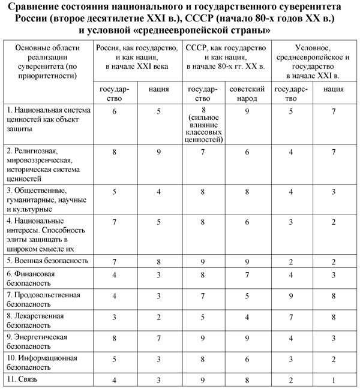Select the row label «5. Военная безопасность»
pos(47,261)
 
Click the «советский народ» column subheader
pos(248,94)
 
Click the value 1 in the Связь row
pos(325,379)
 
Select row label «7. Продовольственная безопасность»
pos(42,299)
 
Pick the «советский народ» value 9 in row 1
pos(248,111)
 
